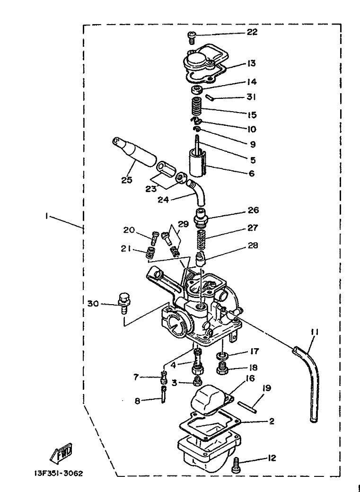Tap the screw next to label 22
coord(192,37)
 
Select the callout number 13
coord(251,64)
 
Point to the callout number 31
coord(251,97)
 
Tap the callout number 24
coord(163,200)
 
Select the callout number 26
coord(254,210)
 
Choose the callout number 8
coord(138,401)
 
